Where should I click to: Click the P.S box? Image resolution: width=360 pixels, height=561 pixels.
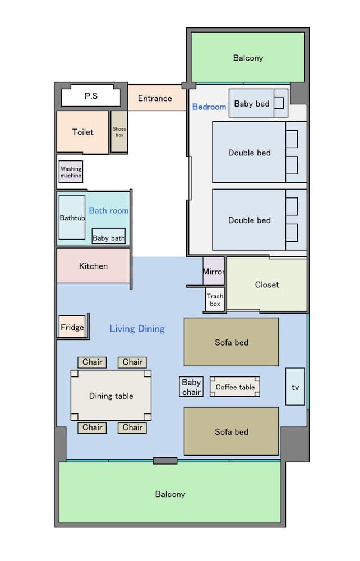[x=91, y=96]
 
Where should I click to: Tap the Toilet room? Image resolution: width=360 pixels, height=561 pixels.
[x=82, y=132]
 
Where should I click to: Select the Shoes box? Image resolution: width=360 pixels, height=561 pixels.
[x=119, y=132]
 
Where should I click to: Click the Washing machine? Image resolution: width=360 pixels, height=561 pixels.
[x=71, y=172]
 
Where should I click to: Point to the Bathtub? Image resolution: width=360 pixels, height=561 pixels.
[x=72, y=218]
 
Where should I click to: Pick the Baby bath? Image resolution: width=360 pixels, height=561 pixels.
[x=109, y=237]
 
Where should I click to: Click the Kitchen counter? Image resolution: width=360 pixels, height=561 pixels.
[x=93, y=266]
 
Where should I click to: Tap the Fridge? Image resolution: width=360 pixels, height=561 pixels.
[x=72, y=327]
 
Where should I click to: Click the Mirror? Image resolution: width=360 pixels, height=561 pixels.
[x=214, y=272]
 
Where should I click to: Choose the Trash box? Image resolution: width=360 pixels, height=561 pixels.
[x=215, y=300]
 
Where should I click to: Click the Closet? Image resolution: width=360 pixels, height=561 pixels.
[x=267, y=284]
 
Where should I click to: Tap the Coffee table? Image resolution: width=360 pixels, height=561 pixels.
[x=235, y=387]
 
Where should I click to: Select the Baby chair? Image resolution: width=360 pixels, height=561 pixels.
[x=191, y=387]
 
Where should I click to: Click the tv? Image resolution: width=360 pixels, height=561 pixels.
[x=295, y=387]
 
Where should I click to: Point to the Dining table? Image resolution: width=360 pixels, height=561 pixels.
[x=111, y=396]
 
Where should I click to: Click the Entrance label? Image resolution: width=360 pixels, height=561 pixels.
[x=155, y=98]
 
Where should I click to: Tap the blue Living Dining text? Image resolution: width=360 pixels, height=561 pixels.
[x=137, y=329]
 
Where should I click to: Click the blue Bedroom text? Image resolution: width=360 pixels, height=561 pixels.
[x=209, y=107]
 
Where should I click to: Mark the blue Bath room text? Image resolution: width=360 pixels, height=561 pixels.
[x=109, y=211]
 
